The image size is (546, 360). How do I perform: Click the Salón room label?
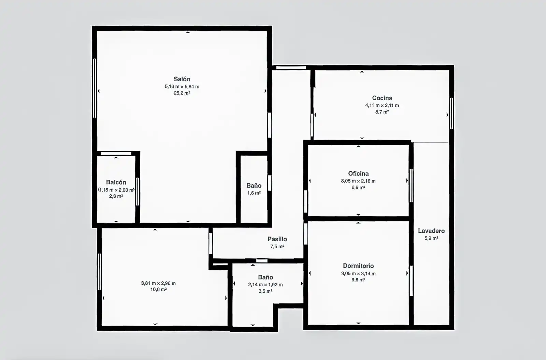[x=182, y=79]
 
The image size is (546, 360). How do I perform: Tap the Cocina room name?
[x=382, y=98]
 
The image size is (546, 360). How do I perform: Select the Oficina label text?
[x=358, y=174]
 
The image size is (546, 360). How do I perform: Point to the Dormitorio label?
[x=358, y=266]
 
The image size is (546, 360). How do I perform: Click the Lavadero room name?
[x=431, y=231]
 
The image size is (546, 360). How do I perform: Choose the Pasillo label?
[x=277, y=239]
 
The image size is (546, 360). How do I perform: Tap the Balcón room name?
[x=116, y=182]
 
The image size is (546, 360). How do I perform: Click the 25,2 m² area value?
[x=182, y=93]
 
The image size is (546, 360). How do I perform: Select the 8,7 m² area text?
[x=382, y=112]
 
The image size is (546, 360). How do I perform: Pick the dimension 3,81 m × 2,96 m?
[x=158, y=283]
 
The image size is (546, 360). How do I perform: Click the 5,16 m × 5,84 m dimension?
[x=182, y=87]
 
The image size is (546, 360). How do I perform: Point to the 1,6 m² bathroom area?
[x=254, y=193]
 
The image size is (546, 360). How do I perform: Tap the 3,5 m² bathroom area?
[x=265, y=291]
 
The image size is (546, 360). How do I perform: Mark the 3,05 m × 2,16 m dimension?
[x=358, y=181]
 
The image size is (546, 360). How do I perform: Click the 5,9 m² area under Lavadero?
[x=431, y=239]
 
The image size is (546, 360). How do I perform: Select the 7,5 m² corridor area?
[x=277, y=246]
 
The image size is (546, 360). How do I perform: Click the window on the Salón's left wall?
[x=95, y=88]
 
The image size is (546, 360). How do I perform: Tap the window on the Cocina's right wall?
[x=451, y=113]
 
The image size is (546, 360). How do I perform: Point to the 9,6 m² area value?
[x=358, y=280]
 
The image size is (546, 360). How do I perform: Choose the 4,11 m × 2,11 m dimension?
[x=382, y=105]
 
